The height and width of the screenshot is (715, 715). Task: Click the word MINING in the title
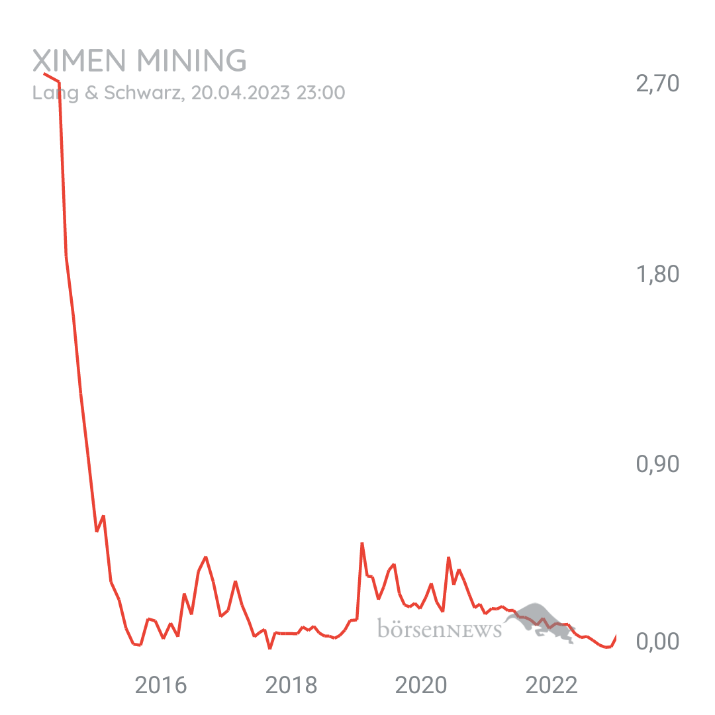pyautogui.click(x=191, y=62)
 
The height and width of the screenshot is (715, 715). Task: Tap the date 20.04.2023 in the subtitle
pyautogui.click(x=240, y=93)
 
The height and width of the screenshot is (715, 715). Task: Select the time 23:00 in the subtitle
pyautogui.click(x=320, y=93)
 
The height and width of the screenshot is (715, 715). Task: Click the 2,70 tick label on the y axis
pyautogui.click(x=657, y=84)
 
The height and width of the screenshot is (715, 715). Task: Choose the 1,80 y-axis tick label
pyautogui.click(x=657, y=274)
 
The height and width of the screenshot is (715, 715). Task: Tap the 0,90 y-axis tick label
pyautogui.click(x=657, y=465)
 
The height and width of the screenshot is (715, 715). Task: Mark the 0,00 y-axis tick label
pyautogui.click(x=657, y=641)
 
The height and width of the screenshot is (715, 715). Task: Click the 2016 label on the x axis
pyautogui.click(x=161, y=686)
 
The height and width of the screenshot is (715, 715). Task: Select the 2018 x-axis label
pyautogui.click(x=291, y=686)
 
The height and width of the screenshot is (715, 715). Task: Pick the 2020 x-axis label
pyautogui.click(x=422, y=686)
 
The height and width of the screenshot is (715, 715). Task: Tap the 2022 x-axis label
pyautogui.click(x=552, y=686)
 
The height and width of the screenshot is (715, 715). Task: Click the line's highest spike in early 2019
pyautogui.click(x=362, y=544)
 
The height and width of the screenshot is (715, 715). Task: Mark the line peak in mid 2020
pyautogui.click(x=448, y=557)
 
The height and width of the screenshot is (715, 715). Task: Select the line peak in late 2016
pyautogui.click(x=206, y=557)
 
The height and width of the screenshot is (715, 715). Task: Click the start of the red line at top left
pyautogui.click(x=44, y=73)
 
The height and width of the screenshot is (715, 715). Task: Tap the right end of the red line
pyautogui.click(x=616, y=636)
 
